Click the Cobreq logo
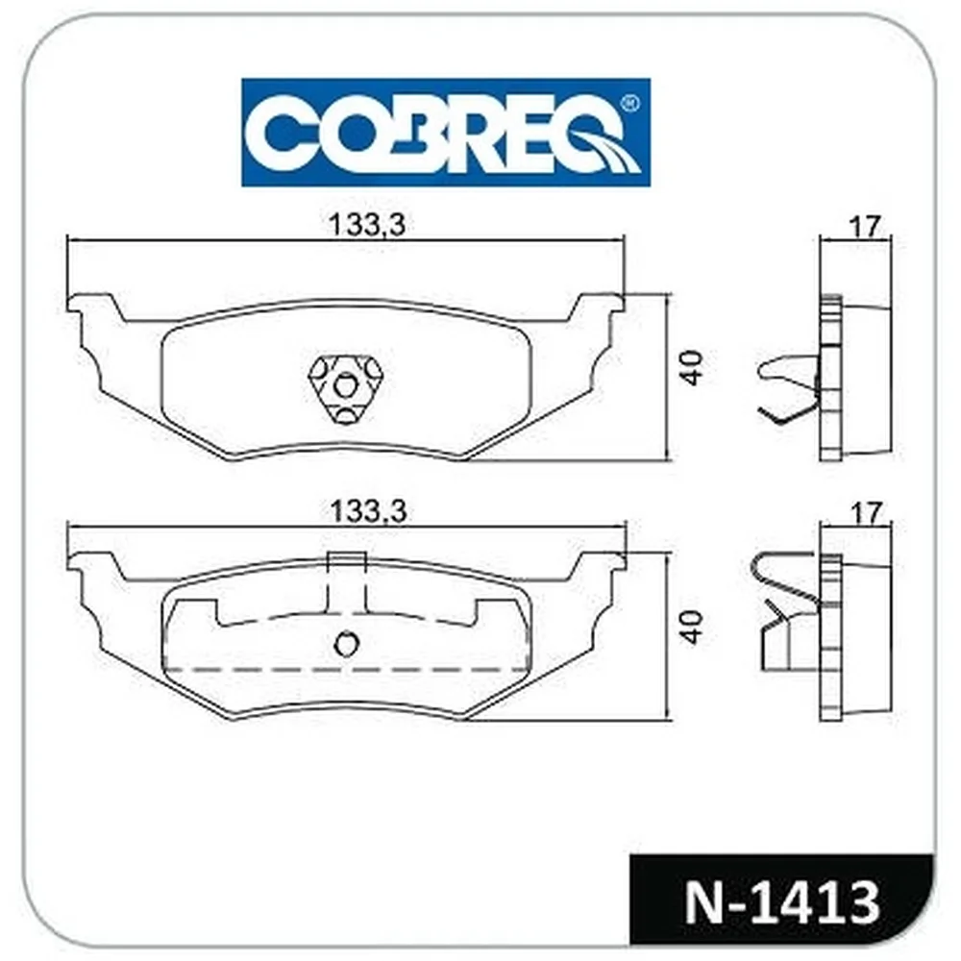(446, 133)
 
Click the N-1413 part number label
(782, 902)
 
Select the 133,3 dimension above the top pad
(368, 225)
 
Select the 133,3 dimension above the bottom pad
(368, 511)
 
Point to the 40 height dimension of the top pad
(693, 368)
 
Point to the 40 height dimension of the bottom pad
(693, 627)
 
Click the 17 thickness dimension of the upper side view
(865, 227)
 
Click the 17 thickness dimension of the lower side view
(865, 512)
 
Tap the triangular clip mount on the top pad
(346, 388)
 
